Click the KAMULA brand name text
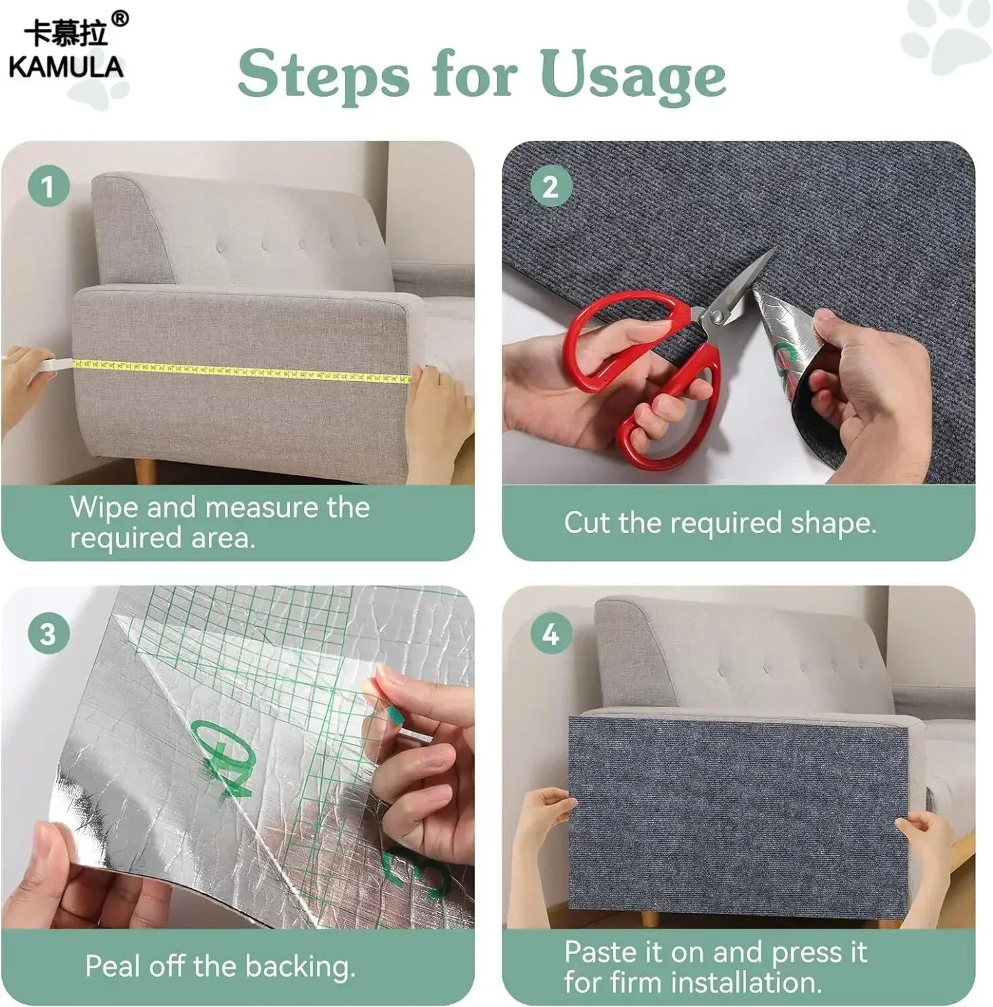tap(65, 67)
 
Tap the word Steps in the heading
tap(323, 76)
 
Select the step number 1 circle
tap(48, 186)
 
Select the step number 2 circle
tap(550, 186)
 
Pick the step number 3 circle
tap(48, 634)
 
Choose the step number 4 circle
tap(550, 634)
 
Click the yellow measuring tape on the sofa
tap(241, 370)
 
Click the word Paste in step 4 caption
tap(600, 953)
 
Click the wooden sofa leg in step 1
tap(145, 471)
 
